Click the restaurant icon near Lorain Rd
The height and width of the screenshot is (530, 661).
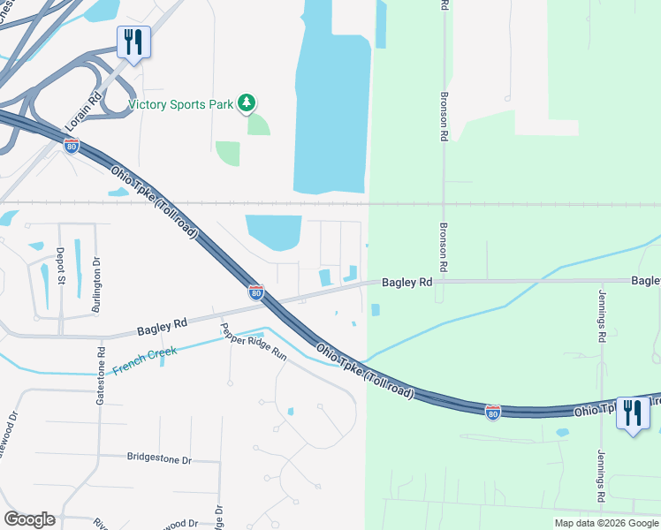tap(133, 42)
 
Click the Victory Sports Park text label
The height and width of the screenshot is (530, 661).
tap(180, 104)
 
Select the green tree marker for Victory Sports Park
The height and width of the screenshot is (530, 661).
tap(247, 104)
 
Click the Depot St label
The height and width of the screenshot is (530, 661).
tap(61, 267)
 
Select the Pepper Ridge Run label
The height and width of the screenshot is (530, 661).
tap(255, 344)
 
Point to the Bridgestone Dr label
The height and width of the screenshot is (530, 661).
tap(159, 459)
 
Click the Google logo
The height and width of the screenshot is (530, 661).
tap(29, 519)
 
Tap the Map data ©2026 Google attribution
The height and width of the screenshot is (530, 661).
tap(605, 523)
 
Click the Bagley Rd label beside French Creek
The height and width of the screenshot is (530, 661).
tap(162, 326)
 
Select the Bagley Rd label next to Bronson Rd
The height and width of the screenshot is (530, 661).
tap(406, 283)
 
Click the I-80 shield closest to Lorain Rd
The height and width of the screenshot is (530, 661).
tap(72, 146)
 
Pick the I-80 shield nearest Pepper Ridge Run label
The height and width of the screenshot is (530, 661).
tap(255, 291)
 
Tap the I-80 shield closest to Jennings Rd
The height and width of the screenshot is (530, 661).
tap(493, 412)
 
